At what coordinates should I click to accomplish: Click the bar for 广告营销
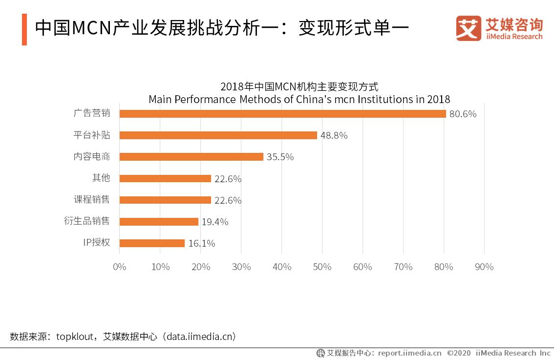[x=282, y=114]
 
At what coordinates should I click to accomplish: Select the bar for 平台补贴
[x=218, y=135]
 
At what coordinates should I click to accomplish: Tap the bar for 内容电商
[x=191, y=157]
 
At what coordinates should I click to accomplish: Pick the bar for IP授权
[x=152, y=243]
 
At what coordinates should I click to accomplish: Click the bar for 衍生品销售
[x=159, y=222]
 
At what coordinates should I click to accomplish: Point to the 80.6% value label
[x=463, y=114]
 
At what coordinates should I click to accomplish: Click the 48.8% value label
[x=334, y=136]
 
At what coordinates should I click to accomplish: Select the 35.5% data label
[x=280, y=157]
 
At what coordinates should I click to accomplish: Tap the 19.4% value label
[x=215, y=222]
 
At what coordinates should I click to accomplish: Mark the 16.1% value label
[x=202, y=244]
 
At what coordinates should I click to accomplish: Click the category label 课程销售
[x=91, y=199]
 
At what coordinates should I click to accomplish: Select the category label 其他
[x=101, y=178]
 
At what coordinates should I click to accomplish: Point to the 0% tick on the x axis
[x=120, y=267]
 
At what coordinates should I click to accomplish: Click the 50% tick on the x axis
[x=322, y=267]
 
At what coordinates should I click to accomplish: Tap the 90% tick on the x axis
[x=484, y=267]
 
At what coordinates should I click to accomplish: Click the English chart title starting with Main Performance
[x=299, y=100]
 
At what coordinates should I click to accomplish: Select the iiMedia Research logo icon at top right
[x=469, y=28]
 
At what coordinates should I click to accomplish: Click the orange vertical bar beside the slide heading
[x=24, y=29]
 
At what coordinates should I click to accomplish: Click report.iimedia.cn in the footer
[x=409, y=353]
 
